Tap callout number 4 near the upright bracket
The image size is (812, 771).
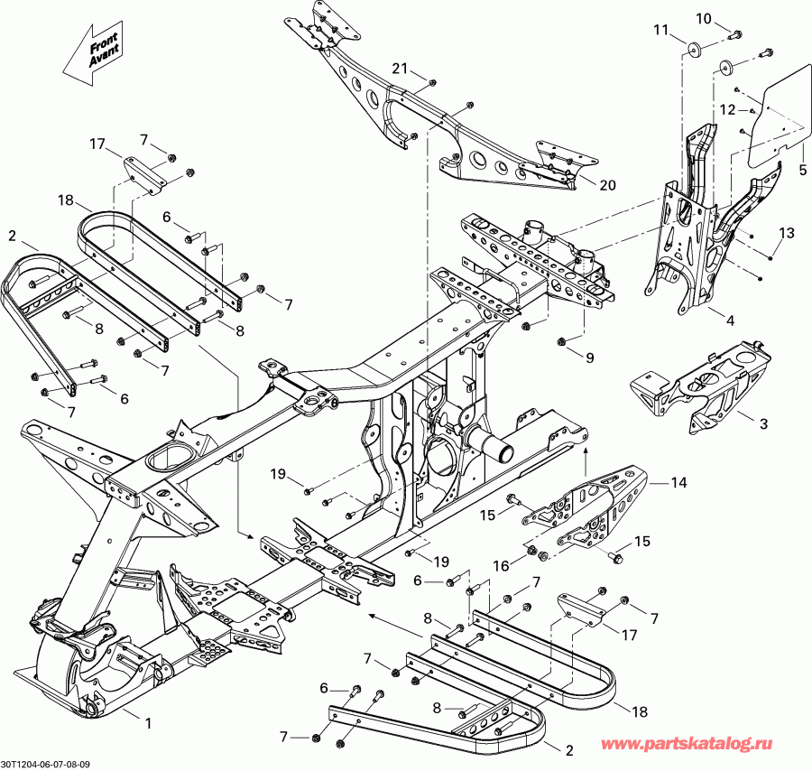[x=730, y=320]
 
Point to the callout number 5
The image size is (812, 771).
[x=803, y=169]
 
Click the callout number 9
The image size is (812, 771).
[x=589, y=358]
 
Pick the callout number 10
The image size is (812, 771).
[x=704, y=18]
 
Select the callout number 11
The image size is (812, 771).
[x=662, y=31]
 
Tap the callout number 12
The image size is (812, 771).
[x=727, y=110]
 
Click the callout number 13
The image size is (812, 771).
[x=787, y=233]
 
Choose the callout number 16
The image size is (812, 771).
[x=501, y=564]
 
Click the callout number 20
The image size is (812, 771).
[x=607, y=185]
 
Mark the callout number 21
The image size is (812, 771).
[x=401, y=69]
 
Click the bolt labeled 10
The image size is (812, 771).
[x=735, y=34]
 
